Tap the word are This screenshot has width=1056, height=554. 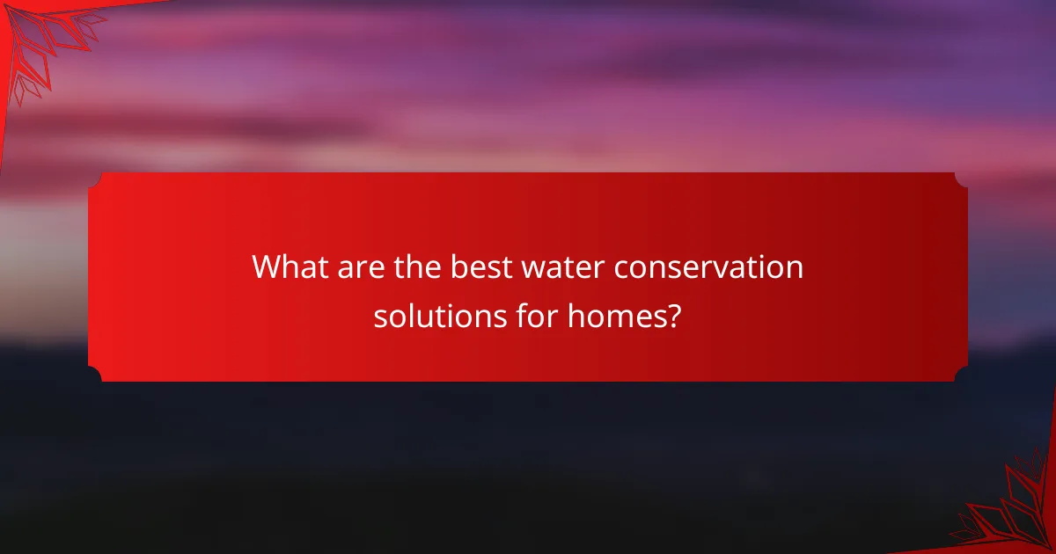coord(349,267)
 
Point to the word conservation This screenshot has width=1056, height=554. coord(708,267)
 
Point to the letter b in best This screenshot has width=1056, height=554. coord(458,267)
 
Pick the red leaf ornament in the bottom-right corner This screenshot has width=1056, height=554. coord(1012,510)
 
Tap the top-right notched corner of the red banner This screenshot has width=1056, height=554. coord(961,179)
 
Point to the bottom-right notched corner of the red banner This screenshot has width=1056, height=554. coord(961,375)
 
